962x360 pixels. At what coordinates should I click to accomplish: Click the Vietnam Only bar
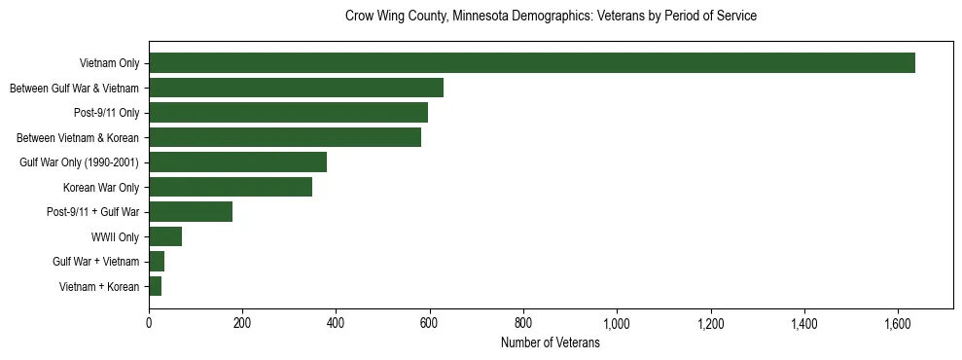(531, 63)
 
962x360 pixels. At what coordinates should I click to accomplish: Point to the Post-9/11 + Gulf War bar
(191, 211)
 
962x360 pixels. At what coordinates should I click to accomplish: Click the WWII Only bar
(165, 236)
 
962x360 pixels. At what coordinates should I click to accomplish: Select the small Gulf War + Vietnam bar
(157, 261)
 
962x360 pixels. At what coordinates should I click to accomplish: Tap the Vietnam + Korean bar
(155, 286)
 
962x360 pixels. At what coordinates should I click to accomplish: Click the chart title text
(551, 17)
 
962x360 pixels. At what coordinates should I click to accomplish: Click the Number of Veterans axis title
(550, 343)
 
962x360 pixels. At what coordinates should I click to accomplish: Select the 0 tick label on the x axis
(149, 323)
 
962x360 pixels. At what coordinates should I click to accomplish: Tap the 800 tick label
(523, 323)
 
